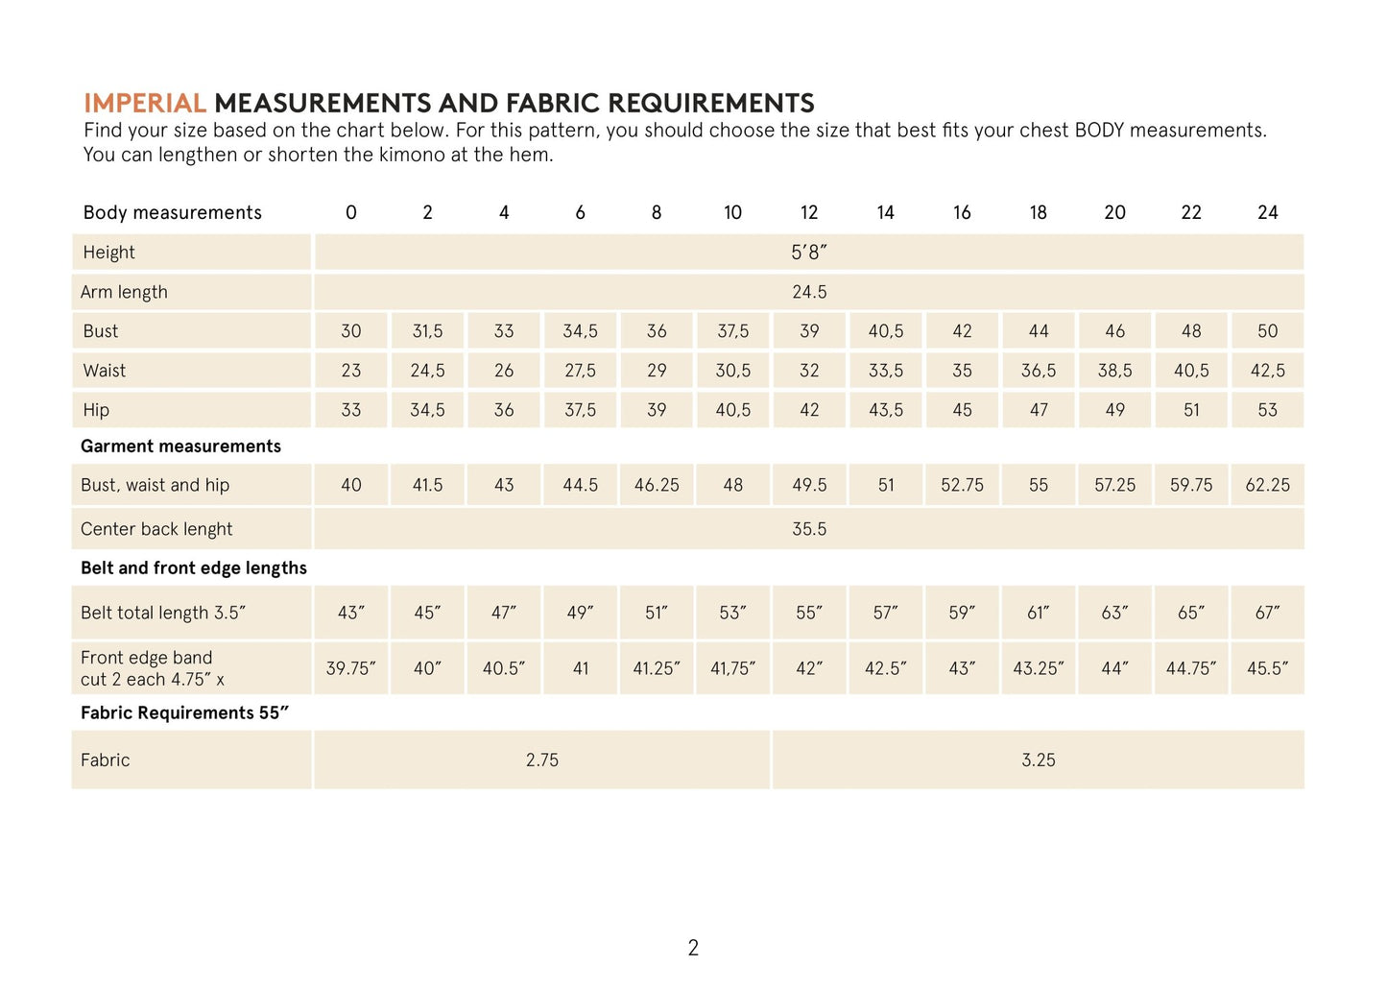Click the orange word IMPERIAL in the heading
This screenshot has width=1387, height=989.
[145, 104]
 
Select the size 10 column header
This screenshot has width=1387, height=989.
[732, 212]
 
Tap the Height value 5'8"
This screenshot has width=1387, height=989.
[808, 253]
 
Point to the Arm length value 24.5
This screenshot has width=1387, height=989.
[808, 292]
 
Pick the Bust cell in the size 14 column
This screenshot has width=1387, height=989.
[885, 331]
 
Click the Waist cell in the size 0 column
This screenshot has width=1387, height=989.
[351, 371]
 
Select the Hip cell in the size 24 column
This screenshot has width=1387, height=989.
[1267, 410]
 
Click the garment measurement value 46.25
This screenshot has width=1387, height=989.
[657, 485]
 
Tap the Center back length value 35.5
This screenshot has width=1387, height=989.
[808, 529]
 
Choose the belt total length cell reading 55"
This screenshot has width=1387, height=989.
[808, 613]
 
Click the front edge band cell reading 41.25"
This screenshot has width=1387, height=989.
[657, 668]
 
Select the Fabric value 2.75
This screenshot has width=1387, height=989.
[541, 760]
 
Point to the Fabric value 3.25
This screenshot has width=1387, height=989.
[1038, 760]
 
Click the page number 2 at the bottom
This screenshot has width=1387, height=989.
[693, 948]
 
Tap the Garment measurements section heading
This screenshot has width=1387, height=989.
[180, 446]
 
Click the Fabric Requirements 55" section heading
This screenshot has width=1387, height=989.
[184, 712]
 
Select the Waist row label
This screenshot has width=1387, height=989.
[104, 371]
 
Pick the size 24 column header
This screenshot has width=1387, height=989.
[1267, 212]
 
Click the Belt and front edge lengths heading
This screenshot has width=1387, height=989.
[193, 568]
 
